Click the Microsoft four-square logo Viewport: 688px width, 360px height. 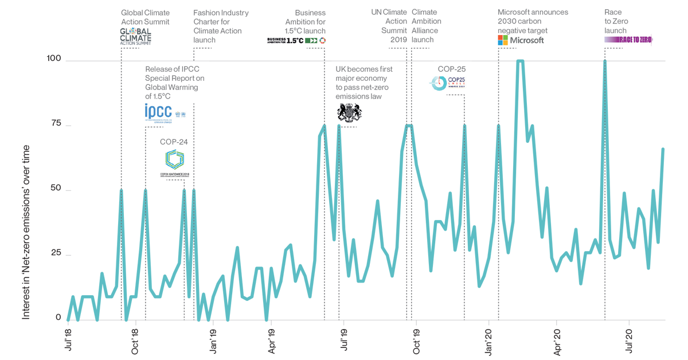(503, 40)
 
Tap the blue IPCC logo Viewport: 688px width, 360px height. (159, 112)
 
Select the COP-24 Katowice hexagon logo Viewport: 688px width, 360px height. (175, 159)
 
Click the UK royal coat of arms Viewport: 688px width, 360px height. (349, 112)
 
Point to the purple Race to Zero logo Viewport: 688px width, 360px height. (628, 40)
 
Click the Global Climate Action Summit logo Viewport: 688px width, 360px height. (135, 36)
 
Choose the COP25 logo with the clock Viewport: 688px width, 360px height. (447, 83)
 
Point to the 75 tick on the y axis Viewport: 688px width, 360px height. (56, 124)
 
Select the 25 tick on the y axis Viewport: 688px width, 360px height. (56, 253)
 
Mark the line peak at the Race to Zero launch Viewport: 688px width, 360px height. (605, 61)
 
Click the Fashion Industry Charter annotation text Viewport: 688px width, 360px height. (221, 26)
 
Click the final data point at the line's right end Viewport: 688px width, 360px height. (663, 149)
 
